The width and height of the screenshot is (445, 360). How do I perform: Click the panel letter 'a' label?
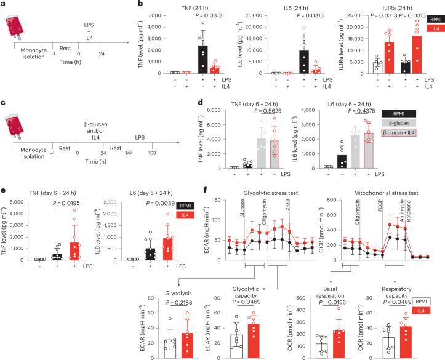tap(4, 4)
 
